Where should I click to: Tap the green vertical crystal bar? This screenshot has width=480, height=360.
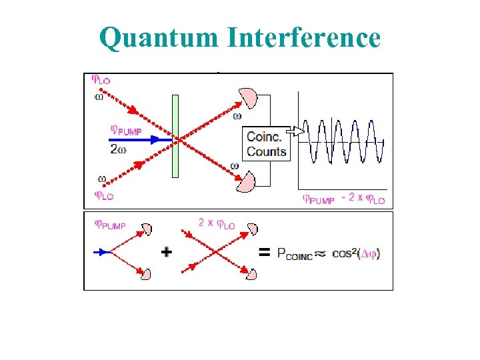(x=175, y=136)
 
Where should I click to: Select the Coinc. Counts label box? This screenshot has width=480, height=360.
(x=267, y=144)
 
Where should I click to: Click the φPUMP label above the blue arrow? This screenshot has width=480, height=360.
(x=126, y=130)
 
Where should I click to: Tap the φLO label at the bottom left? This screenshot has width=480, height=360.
(x=103, y=196)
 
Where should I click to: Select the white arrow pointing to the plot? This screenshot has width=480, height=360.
(x=296, y=131)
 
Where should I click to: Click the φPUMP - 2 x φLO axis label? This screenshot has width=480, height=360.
(x=344, y=199)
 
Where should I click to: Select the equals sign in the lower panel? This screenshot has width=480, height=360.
(x=264, y=253)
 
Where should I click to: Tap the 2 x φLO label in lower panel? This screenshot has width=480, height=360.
(x=217, y=223)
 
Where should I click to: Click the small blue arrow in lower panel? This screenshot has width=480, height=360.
(x=101, y=252)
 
